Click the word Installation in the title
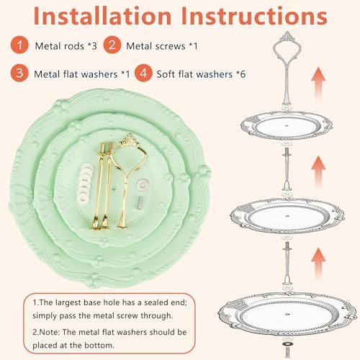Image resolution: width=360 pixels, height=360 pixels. (x=102, y=16)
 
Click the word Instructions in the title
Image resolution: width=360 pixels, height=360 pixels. (x=254, y=16)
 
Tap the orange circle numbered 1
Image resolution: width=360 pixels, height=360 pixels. (x=19, y=45)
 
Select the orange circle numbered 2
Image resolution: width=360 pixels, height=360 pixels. (x=112, y=45)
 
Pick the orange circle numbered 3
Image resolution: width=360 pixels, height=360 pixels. (x=19, y=73)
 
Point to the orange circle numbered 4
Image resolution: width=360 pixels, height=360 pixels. (x=143, y=73)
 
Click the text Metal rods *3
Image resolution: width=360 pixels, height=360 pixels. (x=66, y=46)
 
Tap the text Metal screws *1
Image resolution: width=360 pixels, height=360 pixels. (x=162, y=46)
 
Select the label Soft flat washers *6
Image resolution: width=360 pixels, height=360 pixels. (x=201, y=74)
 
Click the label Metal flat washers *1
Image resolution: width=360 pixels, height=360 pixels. (x=82, y=74)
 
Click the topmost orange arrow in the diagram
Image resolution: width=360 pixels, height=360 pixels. (x=318, y=82)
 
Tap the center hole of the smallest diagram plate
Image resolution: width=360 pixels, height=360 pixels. (x=287, y=125)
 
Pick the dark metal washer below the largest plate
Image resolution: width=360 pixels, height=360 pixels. (x=287, y=344)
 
